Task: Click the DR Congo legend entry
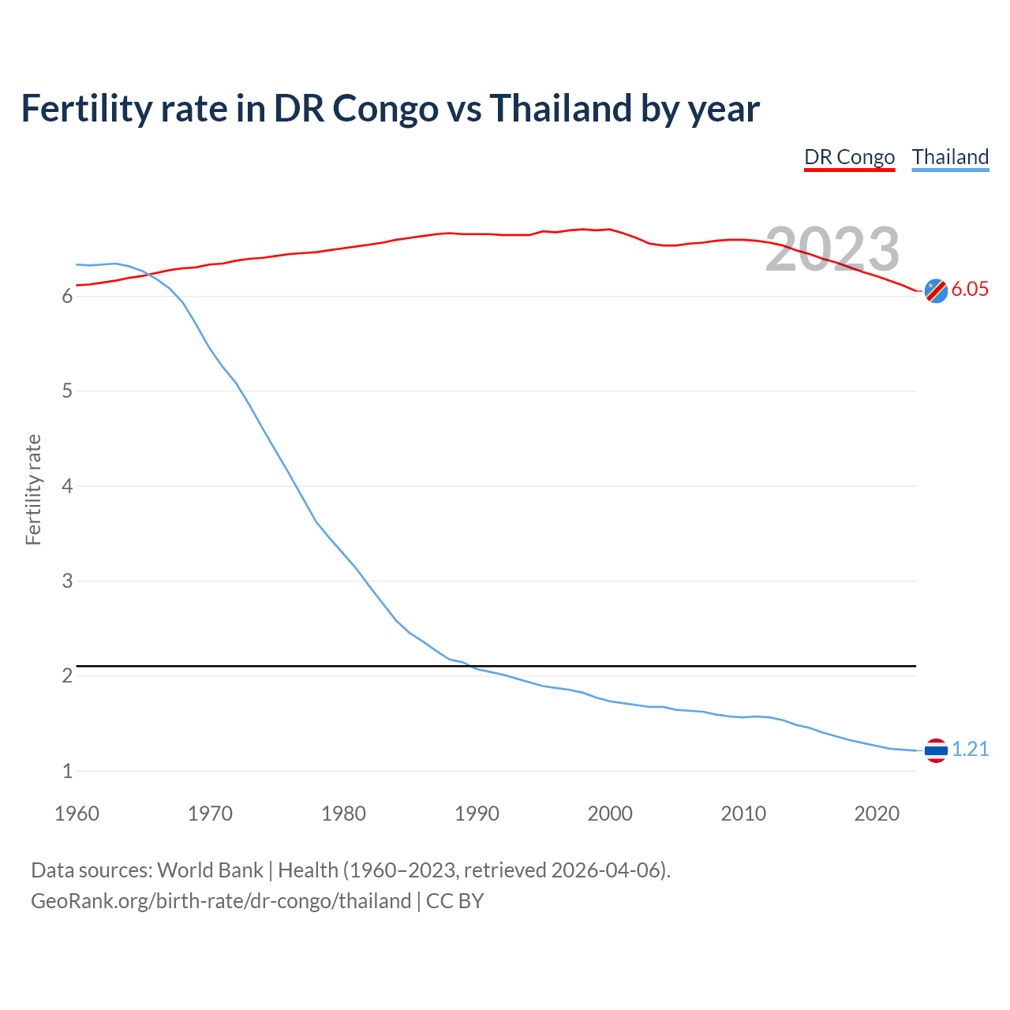click(849, 157)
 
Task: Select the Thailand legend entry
click(950, 157)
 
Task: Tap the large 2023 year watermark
click(832, 249)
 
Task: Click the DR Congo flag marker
click(936, 290)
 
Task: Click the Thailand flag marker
click(936, 750)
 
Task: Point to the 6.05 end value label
click(970, 290)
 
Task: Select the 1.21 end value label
click(970, 750)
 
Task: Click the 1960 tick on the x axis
click(77, 814)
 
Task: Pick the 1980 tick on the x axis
click(343, 814)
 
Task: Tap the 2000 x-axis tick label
click(610, 814)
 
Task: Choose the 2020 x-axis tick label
click(877, 814)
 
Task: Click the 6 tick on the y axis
click(67, 297)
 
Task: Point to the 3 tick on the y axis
click(67, 582)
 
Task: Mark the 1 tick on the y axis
click(67, 772)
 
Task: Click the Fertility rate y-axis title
click(33, 489)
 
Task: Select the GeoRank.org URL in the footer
click(221, 901)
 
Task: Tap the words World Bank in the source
click(210, 870)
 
